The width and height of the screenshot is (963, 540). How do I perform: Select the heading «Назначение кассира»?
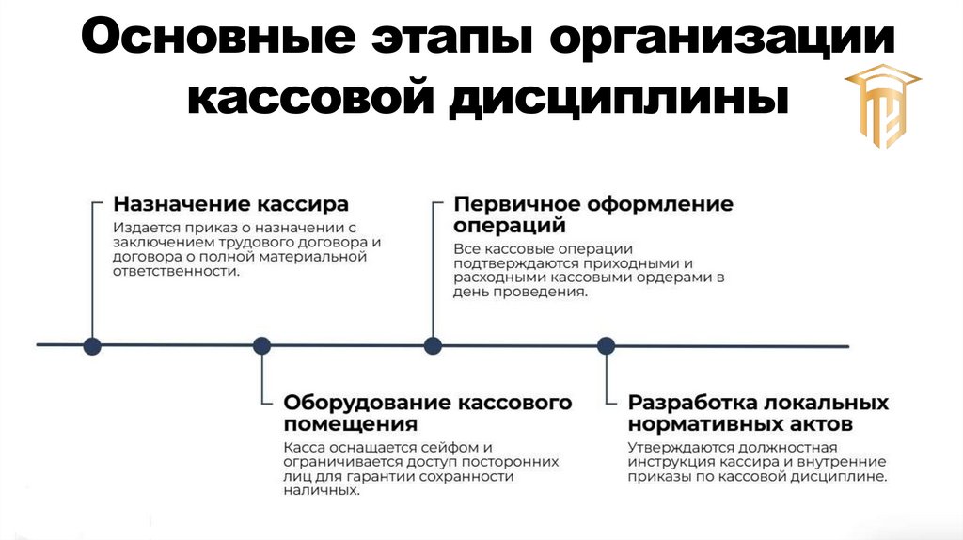click(230, 204)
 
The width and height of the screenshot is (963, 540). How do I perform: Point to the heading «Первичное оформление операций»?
click(592, 214)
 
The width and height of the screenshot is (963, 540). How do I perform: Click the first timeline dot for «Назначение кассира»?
click(92, 345)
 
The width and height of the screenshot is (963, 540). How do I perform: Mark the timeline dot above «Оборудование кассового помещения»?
click(262, 345)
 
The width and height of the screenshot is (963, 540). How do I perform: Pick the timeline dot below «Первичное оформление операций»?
click(433, 345)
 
